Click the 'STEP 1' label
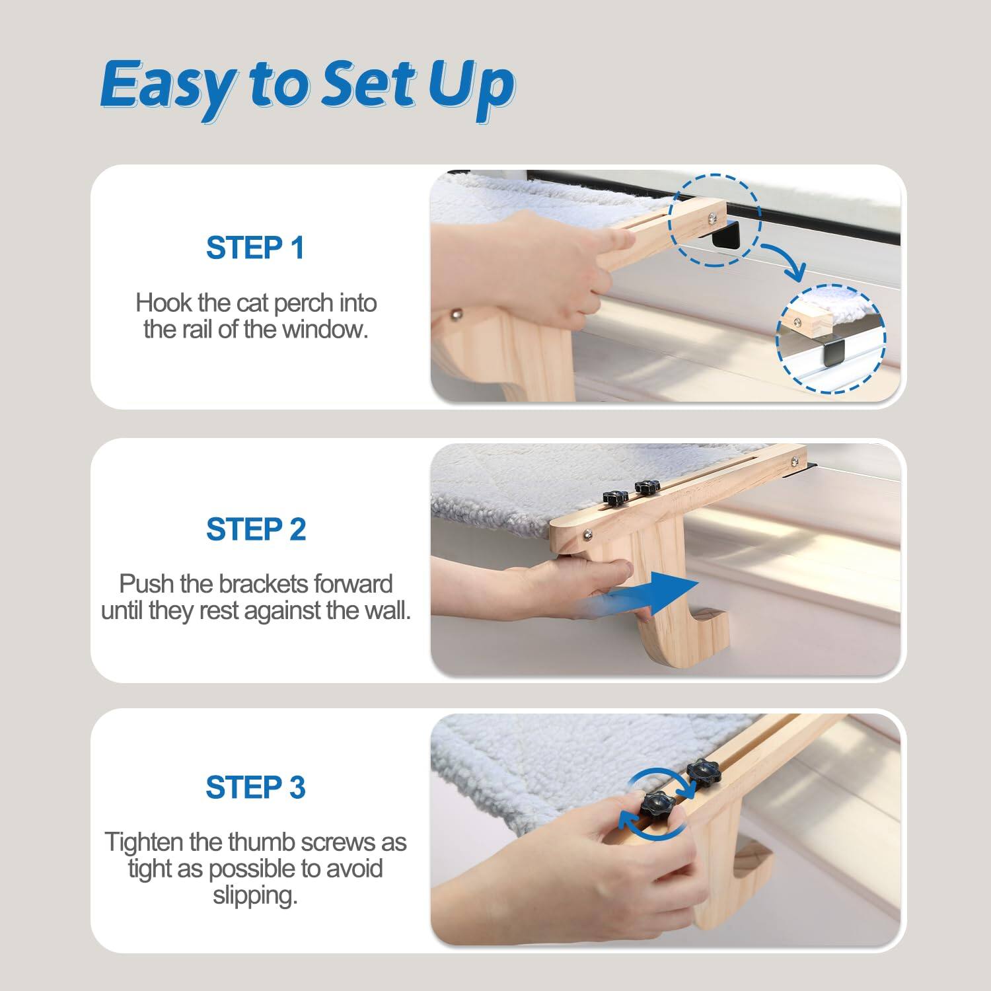[255, 248]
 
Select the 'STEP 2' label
[256, 530]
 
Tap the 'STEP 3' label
[256, 788]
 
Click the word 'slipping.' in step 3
[255, 896]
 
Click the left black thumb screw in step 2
[614, 498]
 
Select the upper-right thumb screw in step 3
[702, 772]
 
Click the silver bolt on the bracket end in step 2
[587, 534]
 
